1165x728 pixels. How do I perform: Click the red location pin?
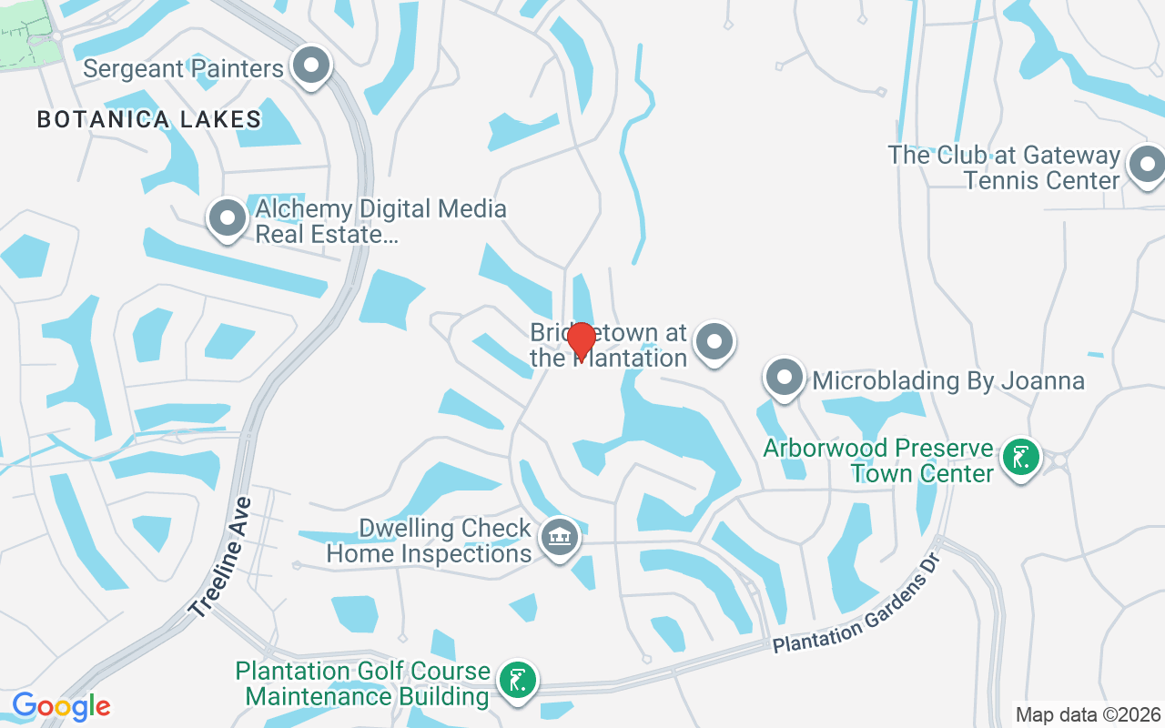coord(581,340)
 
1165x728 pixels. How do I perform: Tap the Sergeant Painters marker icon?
coord(312,66)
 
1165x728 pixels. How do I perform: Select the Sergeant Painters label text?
coord(183,69)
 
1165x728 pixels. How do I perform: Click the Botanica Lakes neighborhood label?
coord(149,119)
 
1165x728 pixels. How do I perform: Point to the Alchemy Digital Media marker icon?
coord(228,218)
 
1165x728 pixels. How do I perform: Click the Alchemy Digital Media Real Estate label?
coord(380,221)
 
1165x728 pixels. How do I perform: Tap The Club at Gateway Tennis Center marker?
coord(1145,166)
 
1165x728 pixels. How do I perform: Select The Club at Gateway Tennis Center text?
coord(1004,167)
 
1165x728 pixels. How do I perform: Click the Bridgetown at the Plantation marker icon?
coord(714,342)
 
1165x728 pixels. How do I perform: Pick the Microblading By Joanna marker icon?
coord(784,378)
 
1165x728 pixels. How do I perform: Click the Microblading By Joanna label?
coord(948,380)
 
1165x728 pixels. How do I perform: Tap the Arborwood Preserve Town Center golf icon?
coord(1020,458)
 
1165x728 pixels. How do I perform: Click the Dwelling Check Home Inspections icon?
coord(560,538)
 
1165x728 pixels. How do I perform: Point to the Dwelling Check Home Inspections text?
coord(429,541)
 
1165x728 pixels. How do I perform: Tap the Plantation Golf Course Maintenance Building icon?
coord(518,680)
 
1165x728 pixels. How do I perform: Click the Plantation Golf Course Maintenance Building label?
coord(363,683)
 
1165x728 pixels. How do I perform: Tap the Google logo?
coord(61,706)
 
